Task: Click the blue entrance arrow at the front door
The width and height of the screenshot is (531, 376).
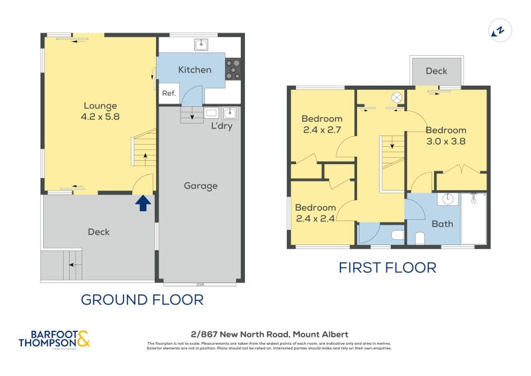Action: pyautogui.click(x=143, y=203)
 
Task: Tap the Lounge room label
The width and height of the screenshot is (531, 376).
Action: pyautogui.click(x=100, y=106)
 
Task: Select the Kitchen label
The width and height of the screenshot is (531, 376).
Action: pyautogui.click(x=194, y=70)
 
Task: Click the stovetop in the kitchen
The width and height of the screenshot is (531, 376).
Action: pyautogui.click(x=233, y=69)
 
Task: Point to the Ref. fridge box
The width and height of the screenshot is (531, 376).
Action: pyautogui.click(x=169, y=94)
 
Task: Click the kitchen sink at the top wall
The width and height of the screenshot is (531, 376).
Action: pyautogui.click(x=202, y=45)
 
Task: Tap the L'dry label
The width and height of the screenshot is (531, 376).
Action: pyautogui.click(x=222, y=126)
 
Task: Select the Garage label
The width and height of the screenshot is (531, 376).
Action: pyautogui.click(x=200, y=186)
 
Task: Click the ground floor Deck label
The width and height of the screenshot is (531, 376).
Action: pyautogui.click(x=98, y=232)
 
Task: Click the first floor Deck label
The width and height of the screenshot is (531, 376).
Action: pyautogui.click(x=436, y=71)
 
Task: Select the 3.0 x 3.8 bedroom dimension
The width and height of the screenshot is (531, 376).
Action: pyautogui.click(x=445, y=141)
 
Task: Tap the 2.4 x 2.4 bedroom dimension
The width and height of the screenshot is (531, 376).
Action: pyautogui.click(x=315, y=217)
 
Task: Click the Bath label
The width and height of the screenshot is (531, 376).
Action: pyautogui.click(x=442, y=224)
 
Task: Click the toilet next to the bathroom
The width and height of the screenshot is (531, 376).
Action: pyautogui.click(x=397, y=235)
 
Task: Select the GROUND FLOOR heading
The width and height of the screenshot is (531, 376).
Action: pyautogui.click(x=142, y=300)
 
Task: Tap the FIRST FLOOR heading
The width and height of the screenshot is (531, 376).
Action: pyautogui.click(x=388, y=268)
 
